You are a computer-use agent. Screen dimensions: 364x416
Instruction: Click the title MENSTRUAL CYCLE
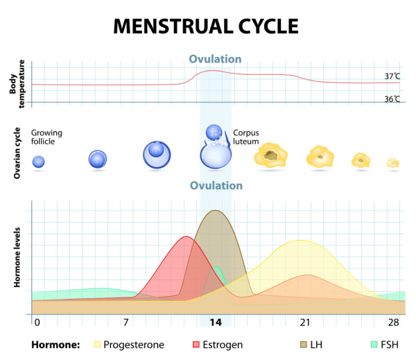pyautogui.click(x=206, y=26)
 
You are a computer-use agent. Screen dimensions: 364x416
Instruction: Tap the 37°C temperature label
pyautogui.click(x=392, y=76)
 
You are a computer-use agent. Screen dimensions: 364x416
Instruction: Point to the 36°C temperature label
pyautogui.click(x=392, y=99)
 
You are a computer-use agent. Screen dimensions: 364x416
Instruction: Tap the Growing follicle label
pyautogui.click(x=37, y=137)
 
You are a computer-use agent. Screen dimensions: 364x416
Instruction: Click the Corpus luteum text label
pyautogui.click(x=246, y=137)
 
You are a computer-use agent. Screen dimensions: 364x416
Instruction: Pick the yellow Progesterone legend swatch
pyautogui.click(x=98, y=344)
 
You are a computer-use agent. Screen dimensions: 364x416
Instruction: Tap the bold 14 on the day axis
pyautogui.click(x=216, y=323)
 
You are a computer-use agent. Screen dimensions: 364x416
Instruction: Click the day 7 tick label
pyautogui.click(x=125, y=323)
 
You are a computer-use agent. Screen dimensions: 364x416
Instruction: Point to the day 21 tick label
pyautogui.click(x=304, y=323)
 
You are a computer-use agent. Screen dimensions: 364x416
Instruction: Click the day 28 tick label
pyautogui.click(x=393, y=323)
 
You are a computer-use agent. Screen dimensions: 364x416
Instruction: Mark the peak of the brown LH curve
pyautogui.click(x=216, y=211)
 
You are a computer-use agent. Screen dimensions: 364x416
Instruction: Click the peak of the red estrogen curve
pyautogui.click(x=186, y=237)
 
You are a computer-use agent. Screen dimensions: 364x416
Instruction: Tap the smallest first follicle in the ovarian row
pyautogui.click(x=39, y=162)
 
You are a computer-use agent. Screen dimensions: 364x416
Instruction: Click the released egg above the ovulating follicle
pyautogui.click(x=214, y=132)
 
